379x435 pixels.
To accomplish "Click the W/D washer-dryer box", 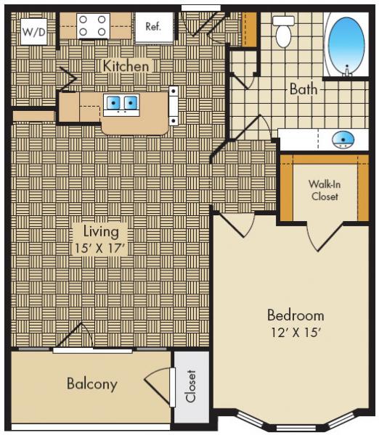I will coord(33,30).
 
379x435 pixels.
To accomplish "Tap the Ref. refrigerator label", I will coord(153,28).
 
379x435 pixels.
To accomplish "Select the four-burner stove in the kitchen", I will coord(92,27).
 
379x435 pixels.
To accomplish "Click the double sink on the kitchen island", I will coord(121,104).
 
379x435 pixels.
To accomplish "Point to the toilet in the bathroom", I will coord(284,30).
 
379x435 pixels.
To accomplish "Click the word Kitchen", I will coord(126,66).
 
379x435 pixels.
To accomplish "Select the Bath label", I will coord(303,90).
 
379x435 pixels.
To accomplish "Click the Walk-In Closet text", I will coord(324,190).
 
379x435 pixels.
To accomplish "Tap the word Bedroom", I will coord(295,315).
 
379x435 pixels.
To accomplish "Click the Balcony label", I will coord(92,384).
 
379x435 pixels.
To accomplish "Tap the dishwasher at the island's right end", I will coord(174,106).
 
